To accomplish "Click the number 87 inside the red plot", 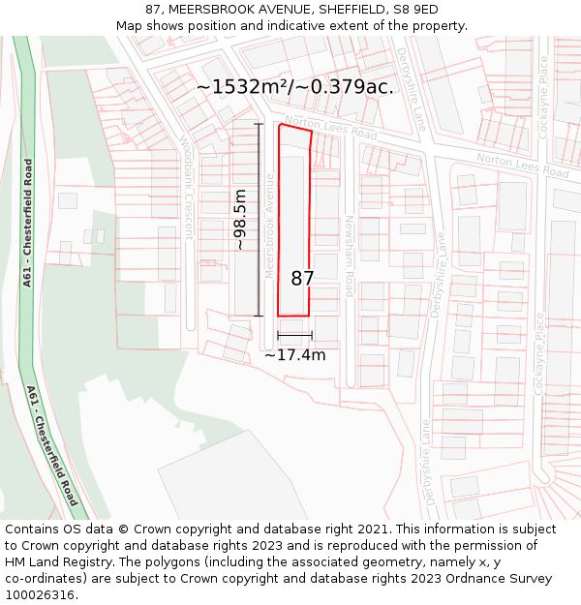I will click(x=302, y=279).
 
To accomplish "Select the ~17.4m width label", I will click(x=294, y=355).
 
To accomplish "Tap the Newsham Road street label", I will click(x=350, y=250).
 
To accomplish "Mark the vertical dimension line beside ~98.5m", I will click(x=259, y=220).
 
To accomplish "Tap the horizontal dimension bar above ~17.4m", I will click(x=294, y=336).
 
